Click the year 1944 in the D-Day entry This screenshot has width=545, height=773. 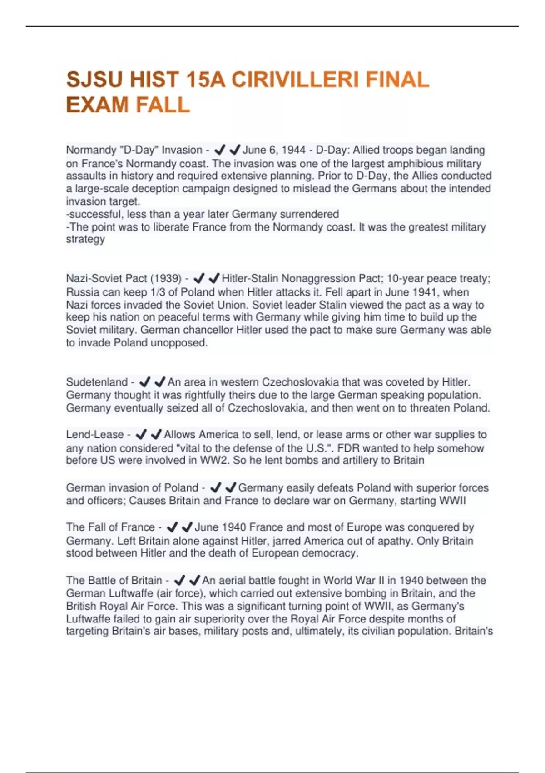[x=294, y=150]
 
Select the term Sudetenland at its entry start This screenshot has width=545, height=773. [x=97, y=382]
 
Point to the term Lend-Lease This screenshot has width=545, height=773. [x=94, y=435]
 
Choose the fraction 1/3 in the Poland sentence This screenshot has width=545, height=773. [x=156, y=292]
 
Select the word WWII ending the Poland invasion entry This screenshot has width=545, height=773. [x=452, y=501]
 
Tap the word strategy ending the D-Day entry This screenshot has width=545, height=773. [x=85, y=239]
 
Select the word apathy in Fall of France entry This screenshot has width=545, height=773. [x=395, y=541]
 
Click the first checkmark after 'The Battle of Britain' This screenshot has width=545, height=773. [x=180, y=580]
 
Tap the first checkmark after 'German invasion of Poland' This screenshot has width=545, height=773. [x=216, y=488]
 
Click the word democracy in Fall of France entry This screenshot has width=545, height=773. [x=330, y=553]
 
